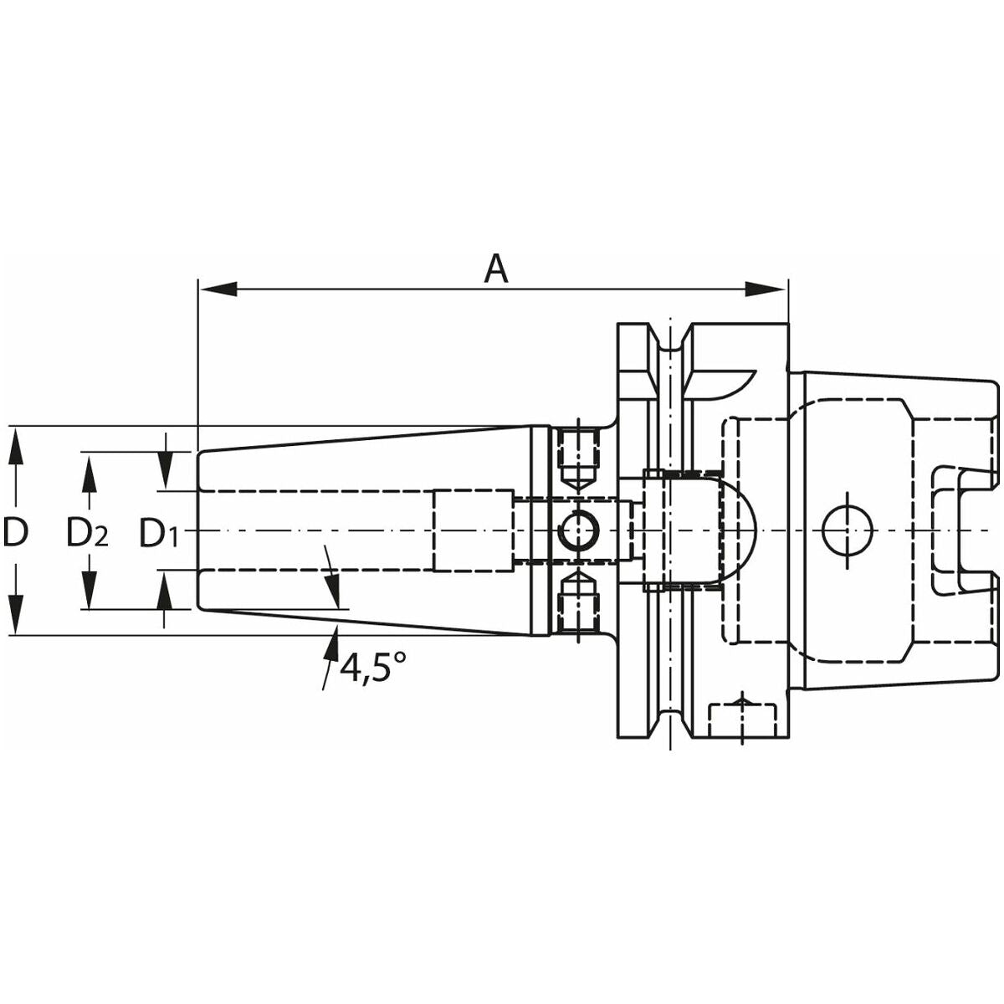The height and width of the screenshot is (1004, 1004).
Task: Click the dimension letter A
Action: click(x=495, y=269)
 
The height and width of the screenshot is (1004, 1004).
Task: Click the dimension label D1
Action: click(x=159, y=532)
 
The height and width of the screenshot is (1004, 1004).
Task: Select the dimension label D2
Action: click(x=88, y=532)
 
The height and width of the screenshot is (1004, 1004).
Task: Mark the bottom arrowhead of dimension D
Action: click(x=16, y=616)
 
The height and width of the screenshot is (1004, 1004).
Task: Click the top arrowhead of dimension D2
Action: click(x=90, y=473)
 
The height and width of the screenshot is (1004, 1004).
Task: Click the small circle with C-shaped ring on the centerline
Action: click(x=579, y=530)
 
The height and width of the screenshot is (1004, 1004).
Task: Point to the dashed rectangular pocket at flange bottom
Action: click(x=742, y=720)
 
